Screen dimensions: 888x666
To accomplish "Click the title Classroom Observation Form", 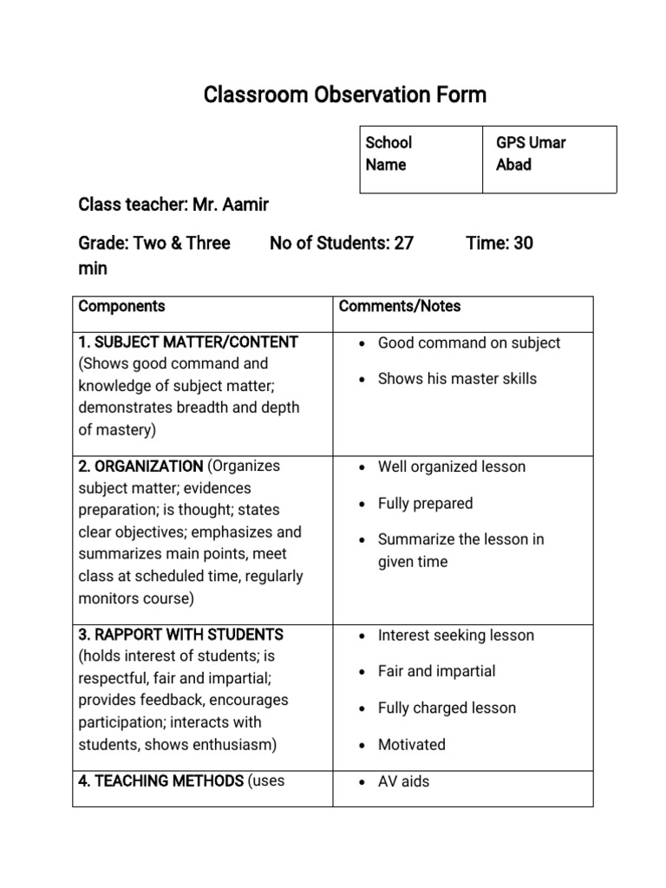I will (x=345, y=95).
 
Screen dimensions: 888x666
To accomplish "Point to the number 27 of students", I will (x=403, y=243).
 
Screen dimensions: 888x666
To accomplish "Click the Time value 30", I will (x=523, y=243).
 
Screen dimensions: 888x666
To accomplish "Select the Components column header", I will (x=121, y=306).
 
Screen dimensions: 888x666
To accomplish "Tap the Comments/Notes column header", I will (x=400, y=306).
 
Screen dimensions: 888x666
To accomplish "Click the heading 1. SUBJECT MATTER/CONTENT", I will (x=188, y=342).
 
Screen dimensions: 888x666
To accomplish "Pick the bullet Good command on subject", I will (x=468, y=343).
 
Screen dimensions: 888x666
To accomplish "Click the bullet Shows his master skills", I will (x=457, y=379).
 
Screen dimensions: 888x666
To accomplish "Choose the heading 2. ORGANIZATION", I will (x=140, y=466).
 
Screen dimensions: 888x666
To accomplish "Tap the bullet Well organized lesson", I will (x=451, y=467).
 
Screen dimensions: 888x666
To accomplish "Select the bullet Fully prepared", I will (x=425, y=503).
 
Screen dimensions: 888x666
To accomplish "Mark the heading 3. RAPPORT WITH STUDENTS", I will (x=180, y=635).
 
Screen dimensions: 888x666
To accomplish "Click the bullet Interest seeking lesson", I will (x=455, y=635).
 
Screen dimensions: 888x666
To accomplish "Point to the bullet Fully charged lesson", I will (x=447, y=708).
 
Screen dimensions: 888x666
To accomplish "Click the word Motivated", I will (x=411, y=744).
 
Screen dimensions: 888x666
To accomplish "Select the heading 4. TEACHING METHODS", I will (x=160, y=781).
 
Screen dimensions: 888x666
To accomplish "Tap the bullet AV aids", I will (x=403, y=781).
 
